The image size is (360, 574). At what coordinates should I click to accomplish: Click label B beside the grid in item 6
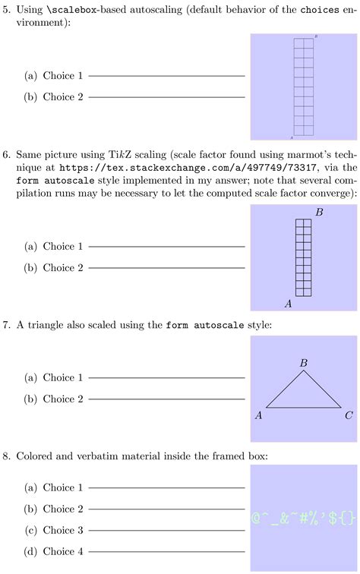(319, 212)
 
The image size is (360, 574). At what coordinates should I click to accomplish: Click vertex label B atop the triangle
(304, 364)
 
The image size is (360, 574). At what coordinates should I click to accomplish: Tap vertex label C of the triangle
(349, 415)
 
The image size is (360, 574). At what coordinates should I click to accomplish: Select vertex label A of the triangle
(259, 415)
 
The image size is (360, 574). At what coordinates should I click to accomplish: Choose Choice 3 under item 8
(64, 530)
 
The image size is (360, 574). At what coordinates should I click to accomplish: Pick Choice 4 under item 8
(64, 551)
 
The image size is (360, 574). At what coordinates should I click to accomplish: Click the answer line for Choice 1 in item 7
(167, 378)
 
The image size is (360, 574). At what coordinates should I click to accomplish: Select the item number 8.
(7, 456)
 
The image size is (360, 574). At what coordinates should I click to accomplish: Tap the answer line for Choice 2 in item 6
(167, 268)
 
